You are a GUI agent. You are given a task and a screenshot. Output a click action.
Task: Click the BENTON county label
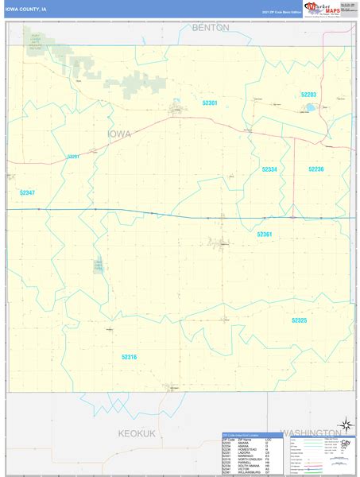[x=210, y=27]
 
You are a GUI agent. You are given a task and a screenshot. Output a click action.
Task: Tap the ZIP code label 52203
[x=308, y=95]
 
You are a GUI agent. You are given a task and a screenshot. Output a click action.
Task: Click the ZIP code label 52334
[x=269, y=169]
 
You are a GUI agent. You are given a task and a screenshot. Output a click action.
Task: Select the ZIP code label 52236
[x=315, y=169]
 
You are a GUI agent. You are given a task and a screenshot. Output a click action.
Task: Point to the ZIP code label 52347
[x=27, y=193]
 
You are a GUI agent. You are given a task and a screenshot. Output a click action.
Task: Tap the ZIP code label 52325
[x=299, y=320]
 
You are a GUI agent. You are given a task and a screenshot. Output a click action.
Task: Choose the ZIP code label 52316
[x=129, y=357]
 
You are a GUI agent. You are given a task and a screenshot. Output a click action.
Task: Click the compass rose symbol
[x=345, y=425]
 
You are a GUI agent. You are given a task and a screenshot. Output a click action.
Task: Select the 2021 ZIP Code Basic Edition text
[x=281, y=13]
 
